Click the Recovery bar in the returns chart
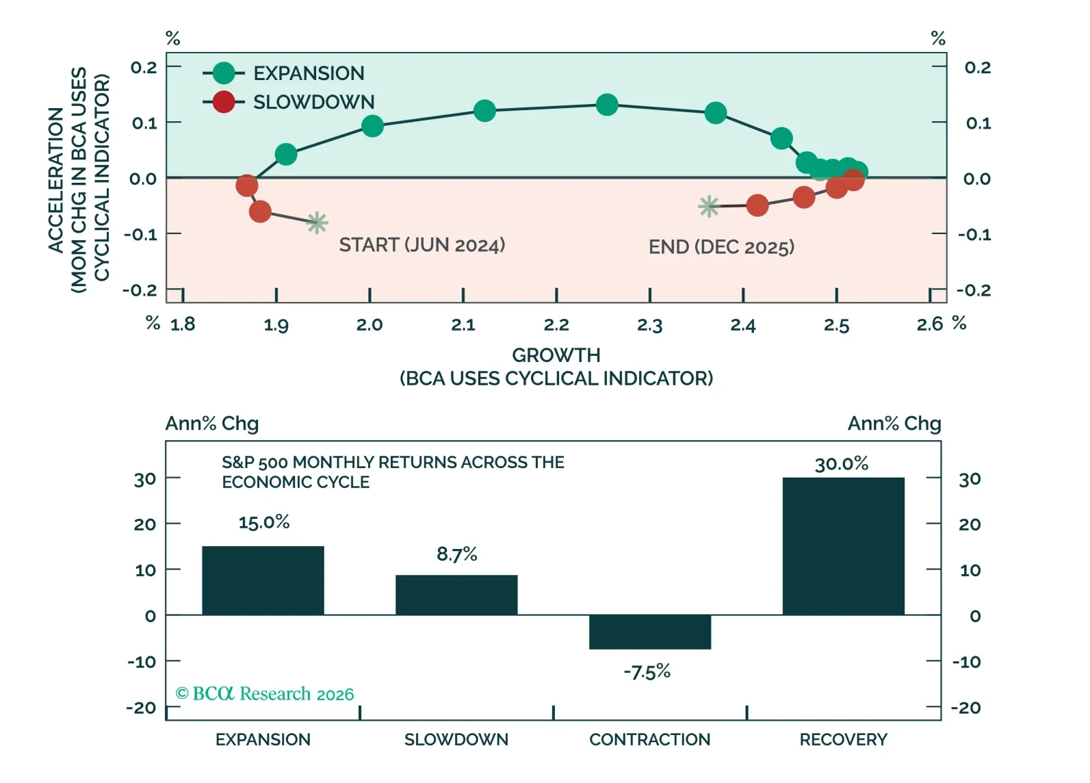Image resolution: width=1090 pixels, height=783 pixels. tap(843, 545)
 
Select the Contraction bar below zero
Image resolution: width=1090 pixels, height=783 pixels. tap(649, 632)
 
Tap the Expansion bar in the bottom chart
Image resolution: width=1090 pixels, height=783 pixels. tap(263, 580)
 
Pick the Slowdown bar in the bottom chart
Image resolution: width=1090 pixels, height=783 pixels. tap(456, 595)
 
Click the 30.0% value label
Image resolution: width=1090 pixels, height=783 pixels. tap(841, 464)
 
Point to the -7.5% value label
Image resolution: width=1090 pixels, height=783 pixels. tap(647, 672)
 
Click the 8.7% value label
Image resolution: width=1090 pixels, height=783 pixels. tap(456, 554)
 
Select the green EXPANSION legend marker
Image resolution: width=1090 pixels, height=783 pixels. tap(224, 73)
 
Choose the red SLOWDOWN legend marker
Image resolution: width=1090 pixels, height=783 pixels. tap(224, 102)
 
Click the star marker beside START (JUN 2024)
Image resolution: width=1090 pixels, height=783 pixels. tap(317, 222)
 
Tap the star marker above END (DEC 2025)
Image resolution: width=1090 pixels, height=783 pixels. tap(709, 206)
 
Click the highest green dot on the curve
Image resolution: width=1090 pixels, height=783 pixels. tap(607, 105)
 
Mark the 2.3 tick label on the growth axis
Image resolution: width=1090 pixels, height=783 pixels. tap(649, 325)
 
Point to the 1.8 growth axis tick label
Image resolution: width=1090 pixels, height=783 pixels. tap(183, 324)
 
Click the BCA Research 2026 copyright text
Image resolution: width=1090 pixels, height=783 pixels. tap(265, 694)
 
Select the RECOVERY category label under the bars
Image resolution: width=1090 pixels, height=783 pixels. tap(843, 740)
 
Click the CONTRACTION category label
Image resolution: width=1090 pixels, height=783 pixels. tap(649, 740)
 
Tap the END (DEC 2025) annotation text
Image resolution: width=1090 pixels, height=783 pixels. tap(721, 247)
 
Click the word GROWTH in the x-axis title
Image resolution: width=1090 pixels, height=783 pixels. tap(556, 355)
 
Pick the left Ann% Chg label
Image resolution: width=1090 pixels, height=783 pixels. tap(212, 424)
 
